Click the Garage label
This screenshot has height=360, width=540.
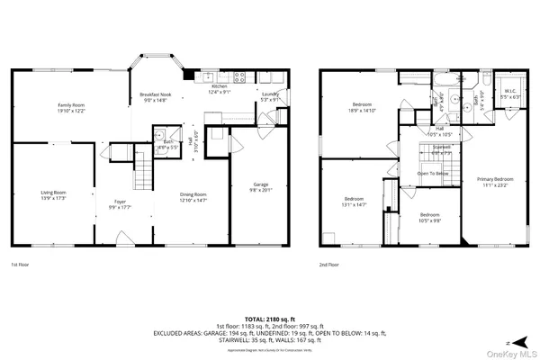(258, 184)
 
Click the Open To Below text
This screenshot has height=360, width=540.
(434, 173)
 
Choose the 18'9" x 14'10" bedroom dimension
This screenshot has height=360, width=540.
(363, 112)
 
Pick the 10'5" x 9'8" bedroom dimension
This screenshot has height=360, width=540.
(430, 220)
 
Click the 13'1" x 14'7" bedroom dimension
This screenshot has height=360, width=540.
(354, 204)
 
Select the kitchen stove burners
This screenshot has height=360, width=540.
(239, 77)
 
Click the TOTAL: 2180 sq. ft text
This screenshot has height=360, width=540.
(269, 317)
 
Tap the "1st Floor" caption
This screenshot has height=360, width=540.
(20, 265)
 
